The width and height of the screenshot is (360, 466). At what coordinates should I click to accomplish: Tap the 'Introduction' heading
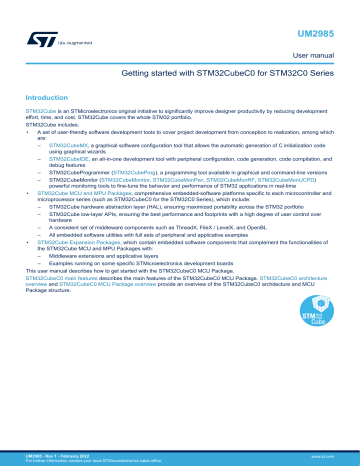(46, 97)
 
